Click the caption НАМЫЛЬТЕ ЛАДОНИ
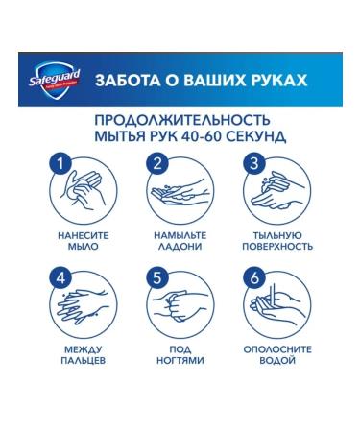pyautogui.click(x=180, y=240)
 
